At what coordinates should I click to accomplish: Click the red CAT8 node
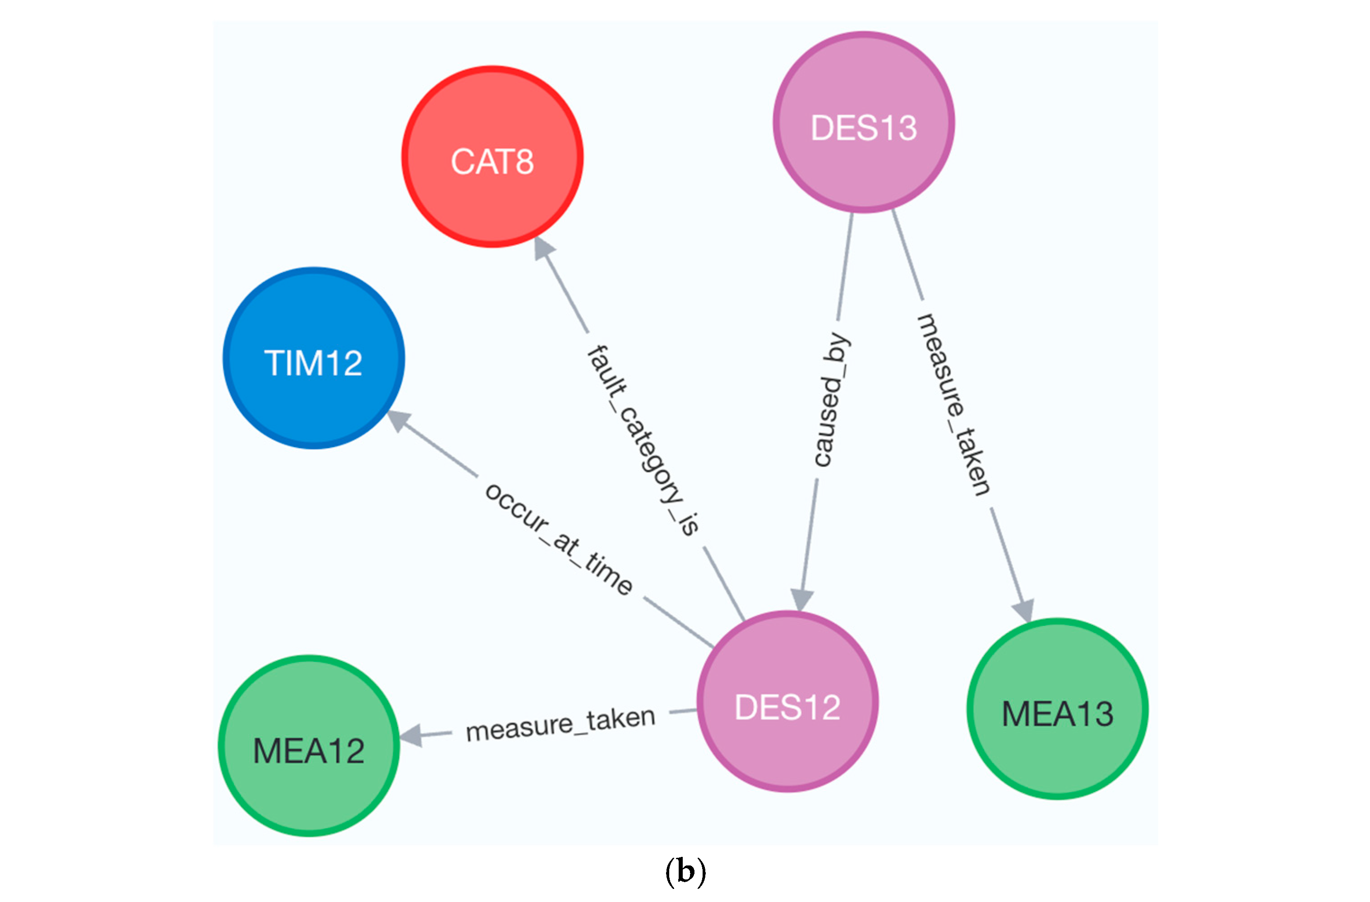(492, 157)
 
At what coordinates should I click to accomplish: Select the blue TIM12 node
(314, 357)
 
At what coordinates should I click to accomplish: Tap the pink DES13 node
(863, 122)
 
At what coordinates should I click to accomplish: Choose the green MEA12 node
(309, 745)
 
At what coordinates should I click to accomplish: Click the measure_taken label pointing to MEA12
(560, 724)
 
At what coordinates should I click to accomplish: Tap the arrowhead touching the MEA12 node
(411, 735)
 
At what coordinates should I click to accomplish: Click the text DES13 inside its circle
(863, 128)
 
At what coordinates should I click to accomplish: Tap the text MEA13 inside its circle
(1057, 714)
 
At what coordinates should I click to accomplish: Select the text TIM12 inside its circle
(314, 363)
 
